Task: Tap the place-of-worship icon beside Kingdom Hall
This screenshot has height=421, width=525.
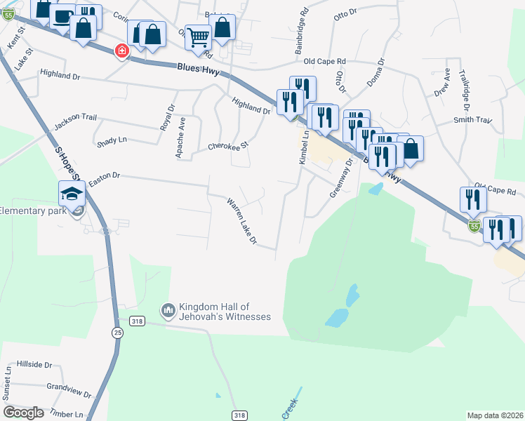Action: [168, 309]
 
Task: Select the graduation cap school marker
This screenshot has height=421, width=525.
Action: [72, 193]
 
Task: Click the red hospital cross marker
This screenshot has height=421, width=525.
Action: [122, 51]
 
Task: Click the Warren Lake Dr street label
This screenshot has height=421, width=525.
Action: [241, 222]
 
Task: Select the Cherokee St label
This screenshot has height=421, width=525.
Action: [228, 147]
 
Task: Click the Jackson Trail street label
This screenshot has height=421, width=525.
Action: [75, 121]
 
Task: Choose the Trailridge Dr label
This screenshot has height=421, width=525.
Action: [464, 90]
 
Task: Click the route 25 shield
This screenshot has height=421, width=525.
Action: [117, 333]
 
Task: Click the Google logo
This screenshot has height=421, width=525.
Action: [23, 413]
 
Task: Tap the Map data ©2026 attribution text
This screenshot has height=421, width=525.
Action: [494, 415]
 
